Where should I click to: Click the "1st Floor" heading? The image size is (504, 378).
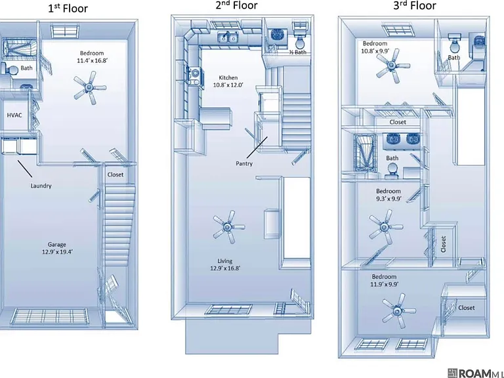(68, 8)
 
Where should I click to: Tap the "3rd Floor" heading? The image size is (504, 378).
(415, 6)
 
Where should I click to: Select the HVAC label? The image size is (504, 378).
(14, 115)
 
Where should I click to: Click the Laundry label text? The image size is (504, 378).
(41, 186)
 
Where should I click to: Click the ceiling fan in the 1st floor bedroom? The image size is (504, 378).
(89, 87)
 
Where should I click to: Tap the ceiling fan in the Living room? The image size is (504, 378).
(228, 227)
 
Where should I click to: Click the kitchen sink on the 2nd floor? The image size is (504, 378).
(228, 37)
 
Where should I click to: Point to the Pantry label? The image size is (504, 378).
(244, 163)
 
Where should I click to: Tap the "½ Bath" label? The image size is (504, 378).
(298, 52)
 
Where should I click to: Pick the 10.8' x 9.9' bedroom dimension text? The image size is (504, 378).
(375, 51)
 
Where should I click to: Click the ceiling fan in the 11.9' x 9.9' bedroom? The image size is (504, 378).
(398, 311)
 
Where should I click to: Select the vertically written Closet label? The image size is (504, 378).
(444, 244)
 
